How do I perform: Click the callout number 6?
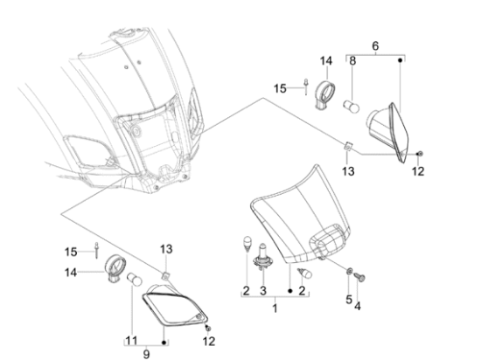(x=375, y=46)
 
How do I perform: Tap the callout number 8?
(x=352, y=60)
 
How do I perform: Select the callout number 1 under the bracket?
(x=275, y=308)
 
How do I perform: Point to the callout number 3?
(x=263, y=290)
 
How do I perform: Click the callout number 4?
(x=358, y=306)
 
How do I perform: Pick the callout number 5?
(x=349, y=300)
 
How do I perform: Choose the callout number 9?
(x=146, y=354)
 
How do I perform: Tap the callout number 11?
(x=131, y=341)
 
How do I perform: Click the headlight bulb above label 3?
(x=262, y=257)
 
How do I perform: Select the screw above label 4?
(x=359, y=277)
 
